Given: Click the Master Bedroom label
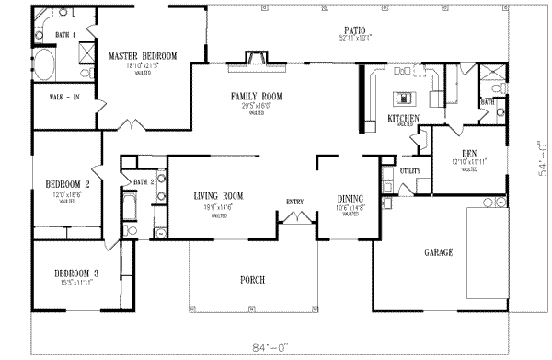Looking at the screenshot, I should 135,56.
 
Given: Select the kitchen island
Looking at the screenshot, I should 403,97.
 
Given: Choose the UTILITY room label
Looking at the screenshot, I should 409,171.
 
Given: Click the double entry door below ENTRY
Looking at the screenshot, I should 293,217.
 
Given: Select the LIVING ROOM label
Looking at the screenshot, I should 218,196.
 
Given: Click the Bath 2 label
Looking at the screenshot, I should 141,182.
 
